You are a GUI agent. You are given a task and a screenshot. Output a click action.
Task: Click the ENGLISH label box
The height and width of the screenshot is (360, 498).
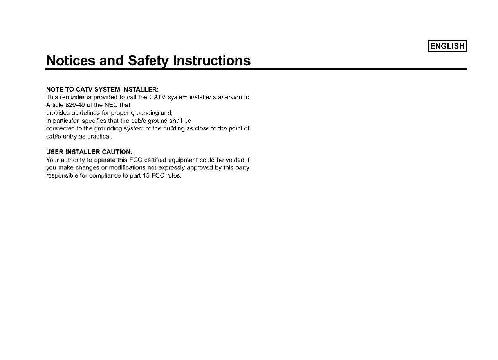447,46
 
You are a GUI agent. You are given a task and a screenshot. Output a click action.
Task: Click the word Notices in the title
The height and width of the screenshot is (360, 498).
70,61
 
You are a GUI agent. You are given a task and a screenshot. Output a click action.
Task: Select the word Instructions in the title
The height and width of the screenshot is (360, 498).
212,61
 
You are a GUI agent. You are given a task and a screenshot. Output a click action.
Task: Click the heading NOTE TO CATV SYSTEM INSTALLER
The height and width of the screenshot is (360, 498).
102,90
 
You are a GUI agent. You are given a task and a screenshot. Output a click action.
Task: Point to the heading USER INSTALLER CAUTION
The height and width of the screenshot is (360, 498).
89,152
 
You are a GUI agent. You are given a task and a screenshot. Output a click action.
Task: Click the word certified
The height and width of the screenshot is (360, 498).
155,160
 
